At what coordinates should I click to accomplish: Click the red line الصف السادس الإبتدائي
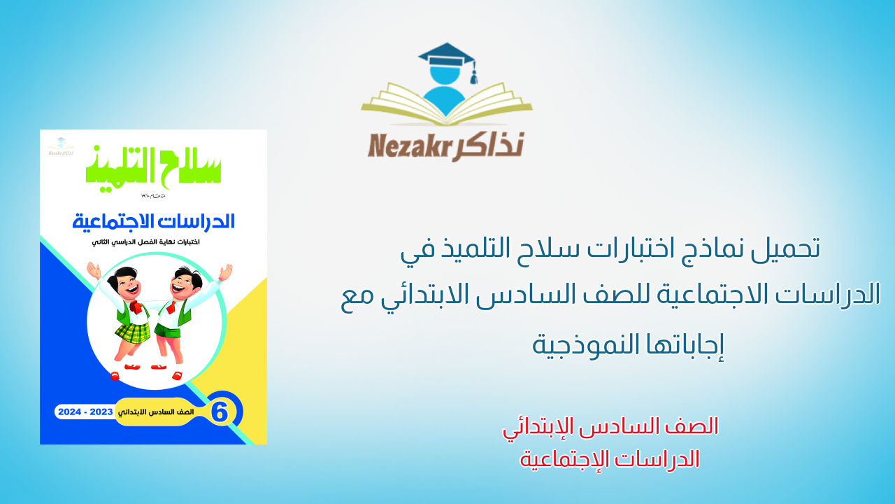(610, 426)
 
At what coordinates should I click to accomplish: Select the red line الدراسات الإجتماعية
(610, 459)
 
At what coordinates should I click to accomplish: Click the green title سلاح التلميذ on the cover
(154, 165)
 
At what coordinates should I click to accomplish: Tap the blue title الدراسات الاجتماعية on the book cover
(154, 222)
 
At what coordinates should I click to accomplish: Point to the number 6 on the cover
(220, 412)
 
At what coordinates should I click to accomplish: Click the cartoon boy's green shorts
(170, 328)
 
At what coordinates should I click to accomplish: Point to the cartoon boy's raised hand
(224, 272)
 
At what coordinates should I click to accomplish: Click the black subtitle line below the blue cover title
(153, 241)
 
